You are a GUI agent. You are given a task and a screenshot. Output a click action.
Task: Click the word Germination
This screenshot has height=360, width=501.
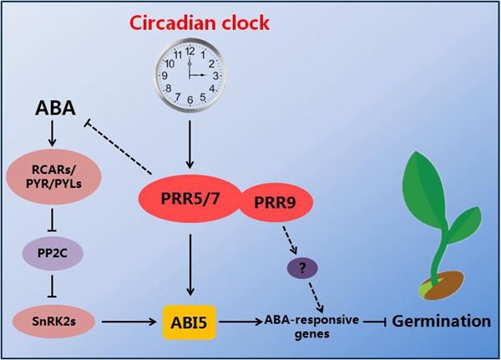point(443,320)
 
